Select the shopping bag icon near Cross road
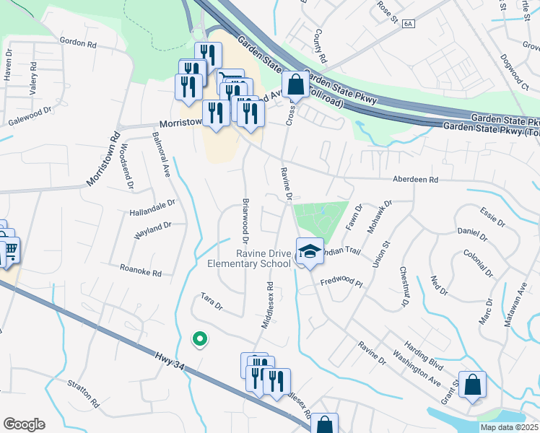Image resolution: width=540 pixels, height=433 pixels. point(295,84)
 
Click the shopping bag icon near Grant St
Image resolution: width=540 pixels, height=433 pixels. point(473,385)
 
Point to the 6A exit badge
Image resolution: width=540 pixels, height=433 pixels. point(409,24)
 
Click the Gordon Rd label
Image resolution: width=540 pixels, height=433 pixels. point(78,43)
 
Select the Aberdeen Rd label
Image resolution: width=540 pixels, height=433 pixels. point(415,179)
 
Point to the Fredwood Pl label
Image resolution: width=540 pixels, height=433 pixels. point(341,283)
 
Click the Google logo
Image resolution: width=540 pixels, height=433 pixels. point(25,424)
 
